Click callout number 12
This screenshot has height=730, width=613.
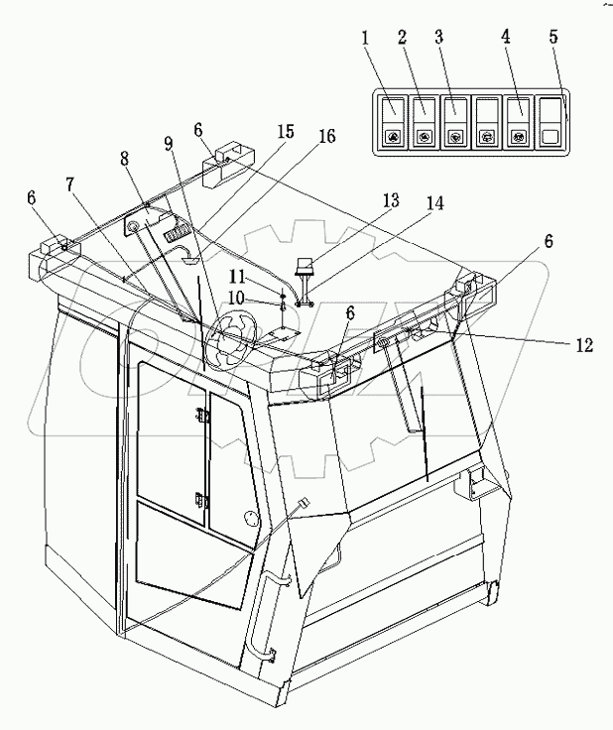coord(582,346)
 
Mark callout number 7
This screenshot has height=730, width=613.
coord(69,185)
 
